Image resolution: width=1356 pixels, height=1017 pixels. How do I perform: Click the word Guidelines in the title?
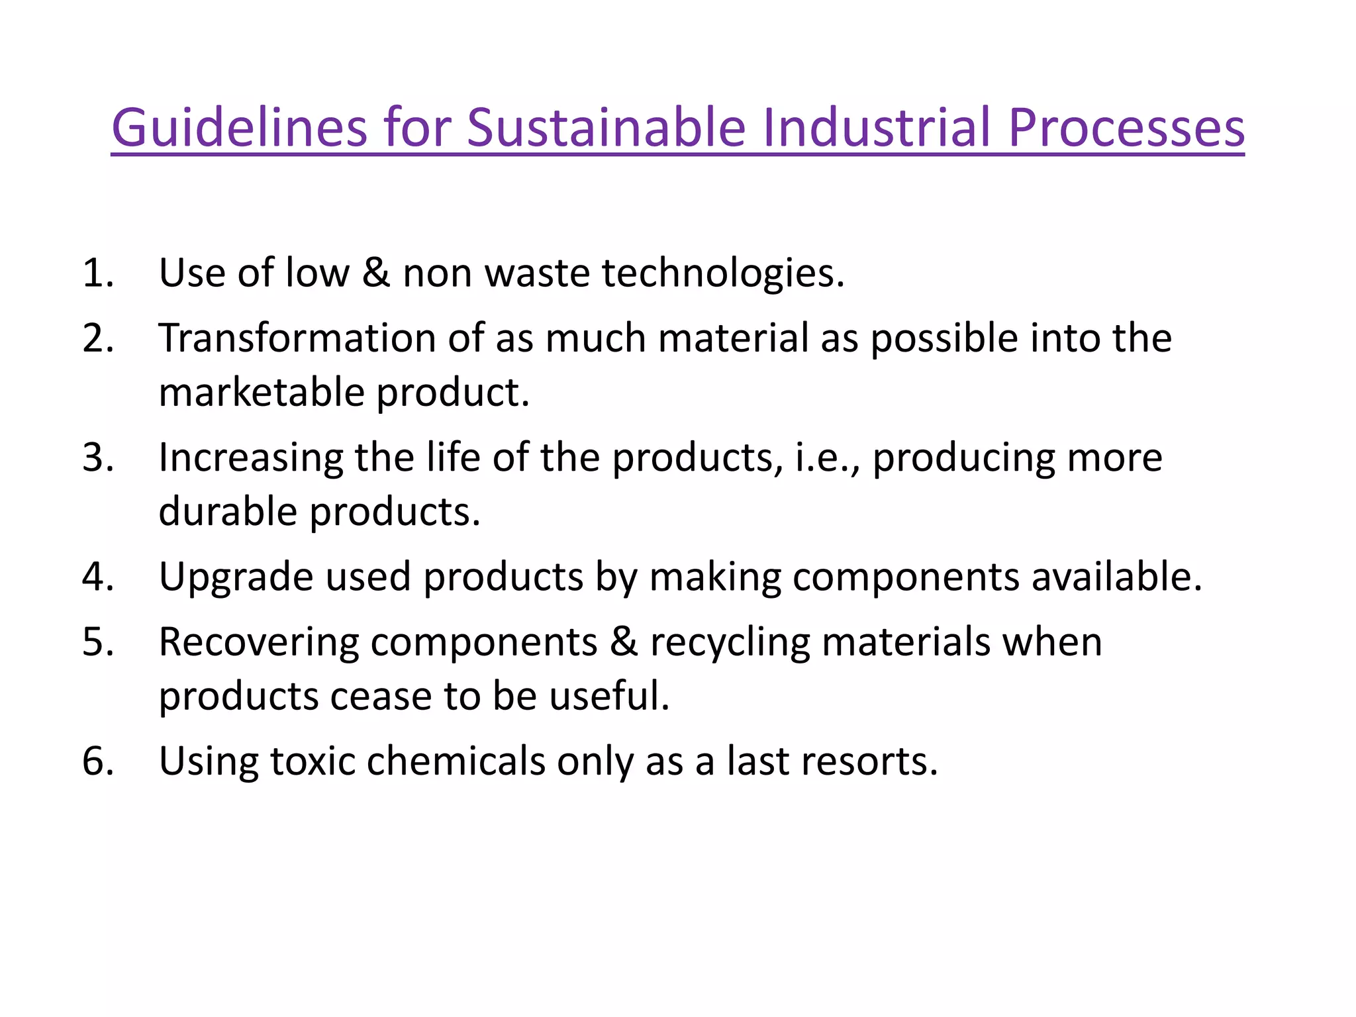coord(239,127)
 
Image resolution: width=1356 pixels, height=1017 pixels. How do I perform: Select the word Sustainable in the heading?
coord(606,127)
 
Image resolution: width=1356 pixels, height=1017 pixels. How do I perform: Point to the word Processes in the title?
coord(1126,127)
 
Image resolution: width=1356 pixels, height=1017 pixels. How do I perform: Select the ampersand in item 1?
coord(376,273)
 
